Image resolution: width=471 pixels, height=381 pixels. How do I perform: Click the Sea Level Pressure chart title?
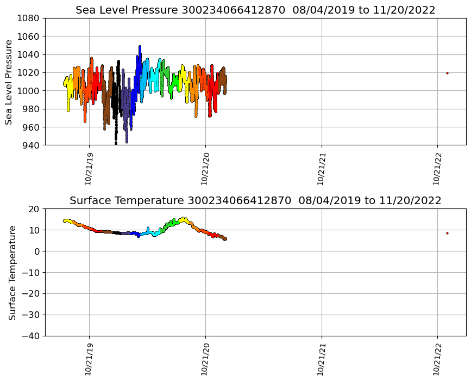tap(255, 10)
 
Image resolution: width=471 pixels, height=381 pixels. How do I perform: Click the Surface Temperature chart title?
tap(255, 201)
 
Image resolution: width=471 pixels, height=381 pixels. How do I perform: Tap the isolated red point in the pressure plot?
tap(447, 73)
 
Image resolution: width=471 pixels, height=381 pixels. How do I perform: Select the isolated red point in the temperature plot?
tap(447, 233)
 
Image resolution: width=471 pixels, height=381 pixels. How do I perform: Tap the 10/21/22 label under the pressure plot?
tap(437, 169)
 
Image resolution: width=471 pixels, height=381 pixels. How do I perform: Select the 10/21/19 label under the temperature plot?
tap(89, 359)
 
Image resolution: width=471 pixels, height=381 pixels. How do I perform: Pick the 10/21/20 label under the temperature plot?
tap(205, 359)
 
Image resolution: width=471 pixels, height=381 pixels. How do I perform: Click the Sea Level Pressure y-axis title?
tap(9, 82)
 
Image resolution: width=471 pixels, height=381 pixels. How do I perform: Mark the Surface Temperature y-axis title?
tap(12, 272)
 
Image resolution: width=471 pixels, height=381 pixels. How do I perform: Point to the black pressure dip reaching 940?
tap(116, 143)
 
